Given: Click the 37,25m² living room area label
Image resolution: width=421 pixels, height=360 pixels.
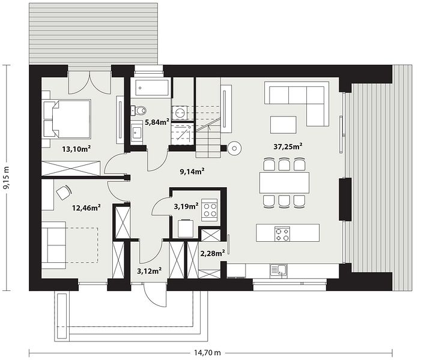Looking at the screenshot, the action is click(x=288, y=146).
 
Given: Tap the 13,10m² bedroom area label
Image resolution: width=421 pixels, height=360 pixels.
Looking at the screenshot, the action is click(x=76, y=149).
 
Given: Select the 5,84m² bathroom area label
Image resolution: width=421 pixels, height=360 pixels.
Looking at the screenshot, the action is click(x=157, y=122).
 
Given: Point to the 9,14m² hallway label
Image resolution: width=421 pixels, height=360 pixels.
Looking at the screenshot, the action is click(x=193, y=171).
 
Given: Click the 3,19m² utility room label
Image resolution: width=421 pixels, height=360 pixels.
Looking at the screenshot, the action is click(x=186, y=206).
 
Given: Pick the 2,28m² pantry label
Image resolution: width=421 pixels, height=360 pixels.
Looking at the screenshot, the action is click(x=213, y=253).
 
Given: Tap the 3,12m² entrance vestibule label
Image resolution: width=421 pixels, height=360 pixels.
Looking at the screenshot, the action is click(x=150, y=271).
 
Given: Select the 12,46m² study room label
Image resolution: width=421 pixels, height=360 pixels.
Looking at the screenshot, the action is click(x=86, y=208).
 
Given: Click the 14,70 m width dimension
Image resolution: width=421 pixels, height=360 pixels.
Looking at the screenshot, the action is click(x=207, y=352).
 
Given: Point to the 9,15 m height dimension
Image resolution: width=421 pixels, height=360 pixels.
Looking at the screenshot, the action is click(x=6, y=178).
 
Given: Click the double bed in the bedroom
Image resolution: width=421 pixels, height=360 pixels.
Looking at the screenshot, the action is click(x=67, y=118).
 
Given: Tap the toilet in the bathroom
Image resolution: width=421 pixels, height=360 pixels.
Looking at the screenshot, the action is click(x=139, y=110).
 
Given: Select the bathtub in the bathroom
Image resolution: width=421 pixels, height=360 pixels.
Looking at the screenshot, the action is click(x=153, y=87).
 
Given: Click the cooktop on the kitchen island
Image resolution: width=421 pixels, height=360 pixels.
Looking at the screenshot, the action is click(x=282, y=233).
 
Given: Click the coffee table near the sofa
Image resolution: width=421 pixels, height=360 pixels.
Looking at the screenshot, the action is click(x=283, y=125).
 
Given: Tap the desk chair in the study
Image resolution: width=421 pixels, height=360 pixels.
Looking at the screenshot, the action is click(x=64, y=193).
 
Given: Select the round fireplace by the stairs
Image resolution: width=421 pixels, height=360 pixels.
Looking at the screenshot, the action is click(x=234, y=148).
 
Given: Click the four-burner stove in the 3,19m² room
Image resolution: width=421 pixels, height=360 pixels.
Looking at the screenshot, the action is click(x=210, y=210).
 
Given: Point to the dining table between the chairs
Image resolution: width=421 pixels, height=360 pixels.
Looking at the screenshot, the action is click(x=284, y=182).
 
